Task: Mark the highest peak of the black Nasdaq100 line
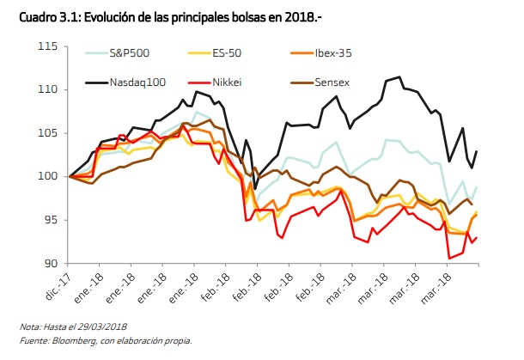[400, 77]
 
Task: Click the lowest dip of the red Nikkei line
[449, 258]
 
